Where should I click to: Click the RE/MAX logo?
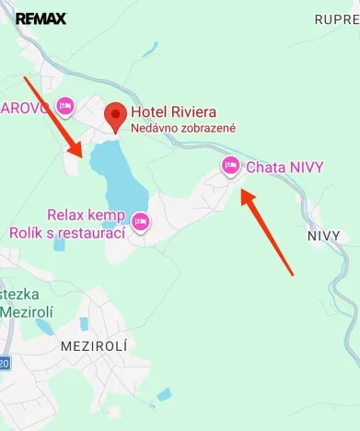(41, 18)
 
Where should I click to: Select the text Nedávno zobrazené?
(183, 128)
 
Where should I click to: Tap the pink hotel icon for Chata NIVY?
(230, 165)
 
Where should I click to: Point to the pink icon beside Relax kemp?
(141, 221)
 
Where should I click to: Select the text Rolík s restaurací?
(67, 233)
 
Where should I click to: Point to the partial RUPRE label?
(336, 18)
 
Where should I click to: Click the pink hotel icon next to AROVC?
(64, 106)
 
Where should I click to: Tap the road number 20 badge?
(4, 364)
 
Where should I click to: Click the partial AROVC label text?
(25, 107)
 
